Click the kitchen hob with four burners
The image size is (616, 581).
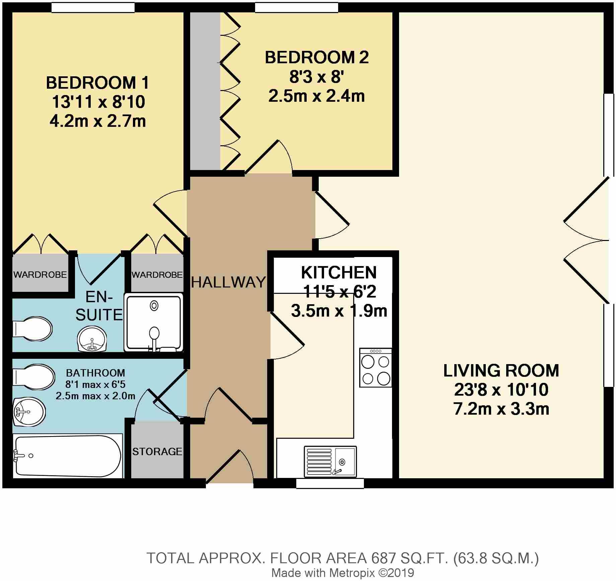[376, 367]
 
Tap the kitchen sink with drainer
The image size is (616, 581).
[330, 462]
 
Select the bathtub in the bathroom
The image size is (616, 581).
[67, 456]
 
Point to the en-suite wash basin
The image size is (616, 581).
[91, 339]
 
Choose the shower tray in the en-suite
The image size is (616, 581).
[154, 323]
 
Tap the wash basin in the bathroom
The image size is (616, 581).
[29, 411]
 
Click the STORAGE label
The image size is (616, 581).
[157, 451]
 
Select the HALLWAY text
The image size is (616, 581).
[229, 282]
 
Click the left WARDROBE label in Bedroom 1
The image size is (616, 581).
[40, 275]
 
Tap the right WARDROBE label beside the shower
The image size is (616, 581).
[157, 275]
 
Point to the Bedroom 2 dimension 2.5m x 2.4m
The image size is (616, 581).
[316, 96]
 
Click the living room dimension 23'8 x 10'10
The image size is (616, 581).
[501, 390]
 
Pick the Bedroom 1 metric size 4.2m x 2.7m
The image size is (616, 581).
[98, 121]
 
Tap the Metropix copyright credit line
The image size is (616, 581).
[343, 573]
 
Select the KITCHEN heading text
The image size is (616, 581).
[339, 272]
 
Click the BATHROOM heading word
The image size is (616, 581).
[95, 372]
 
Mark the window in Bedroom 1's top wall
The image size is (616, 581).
[93, 7]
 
